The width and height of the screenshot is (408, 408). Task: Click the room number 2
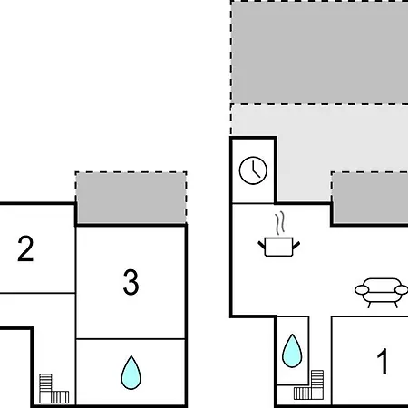[x=25, y=248]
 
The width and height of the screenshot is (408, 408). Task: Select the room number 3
[x=131, y=282]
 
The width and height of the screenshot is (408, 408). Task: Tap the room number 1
[x=383, y=361]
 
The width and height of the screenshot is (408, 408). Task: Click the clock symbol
[x=253, y=170]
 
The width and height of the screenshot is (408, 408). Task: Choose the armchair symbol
[x=382, y=293]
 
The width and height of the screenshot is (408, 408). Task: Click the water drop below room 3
[x=131, y=373]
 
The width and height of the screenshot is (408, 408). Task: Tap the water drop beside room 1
[x=292, y=351]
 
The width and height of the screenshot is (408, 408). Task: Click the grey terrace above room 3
[x=131, y=198]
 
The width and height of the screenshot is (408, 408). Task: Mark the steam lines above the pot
[x=280, y=223]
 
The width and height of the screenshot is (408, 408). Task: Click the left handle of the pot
[x=261, y=245]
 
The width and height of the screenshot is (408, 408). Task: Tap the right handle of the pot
[x=296, y=245]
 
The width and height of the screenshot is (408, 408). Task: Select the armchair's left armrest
[x=362, y=290]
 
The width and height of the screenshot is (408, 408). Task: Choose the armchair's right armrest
[x=402, y=290]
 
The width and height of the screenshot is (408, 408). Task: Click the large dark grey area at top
[x=320, y=53]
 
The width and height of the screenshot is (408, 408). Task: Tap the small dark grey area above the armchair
[x=370, y=199]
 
